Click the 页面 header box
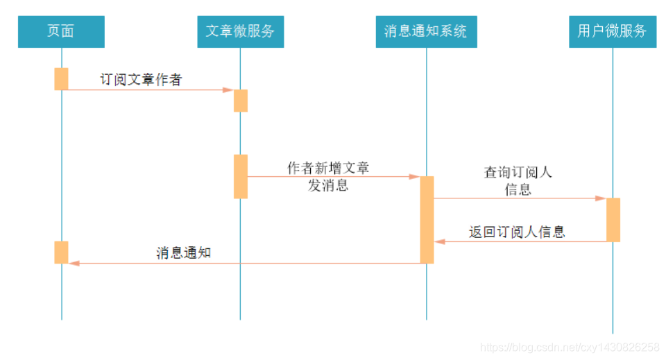61,32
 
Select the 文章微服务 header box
240,32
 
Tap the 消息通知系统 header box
426,32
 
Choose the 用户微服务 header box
612,32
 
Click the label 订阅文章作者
141,80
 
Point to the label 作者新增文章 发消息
328,177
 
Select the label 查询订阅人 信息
518,180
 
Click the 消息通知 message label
183,253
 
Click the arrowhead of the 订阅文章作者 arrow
228,89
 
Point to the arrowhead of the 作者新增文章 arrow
414,176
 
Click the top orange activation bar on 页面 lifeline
61,78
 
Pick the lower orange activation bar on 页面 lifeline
61,252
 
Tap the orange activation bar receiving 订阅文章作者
240,101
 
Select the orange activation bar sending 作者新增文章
240,176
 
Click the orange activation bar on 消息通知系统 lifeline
427,219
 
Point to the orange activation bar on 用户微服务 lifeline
613,219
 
